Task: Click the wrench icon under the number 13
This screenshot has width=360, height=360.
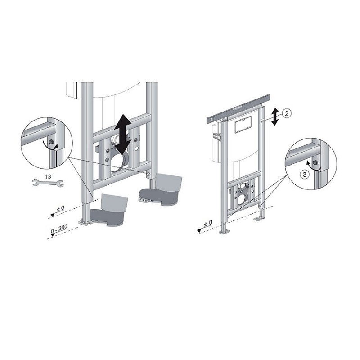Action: coord(48,183)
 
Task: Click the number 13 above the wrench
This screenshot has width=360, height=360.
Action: coord(48,176)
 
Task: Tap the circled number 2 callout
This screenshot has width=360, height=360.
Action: coord(287,113)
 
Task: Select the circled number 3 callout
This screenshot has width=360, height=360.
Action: coord(305,175)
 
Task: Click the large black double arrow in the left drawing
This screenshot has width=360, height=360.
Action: coord(123,134)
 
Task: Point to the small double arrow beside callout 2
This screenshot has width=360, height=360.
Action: coord(274,117)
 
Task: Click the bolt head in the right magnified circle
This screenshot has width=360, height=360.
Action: coord(315,162)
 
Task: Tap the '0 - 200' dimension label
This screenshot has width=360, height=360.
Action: coord(59,229)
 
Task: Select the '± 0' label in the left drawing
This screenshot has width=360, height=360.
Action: coord(61,208)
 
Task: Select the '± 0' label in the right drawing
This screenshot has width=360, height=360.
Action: coord(208,222)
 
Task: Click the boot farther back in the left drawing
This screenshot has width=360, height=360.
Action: coord(161,189)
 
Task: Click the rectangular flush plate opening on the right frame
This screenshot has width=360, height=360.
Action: coord(243,125)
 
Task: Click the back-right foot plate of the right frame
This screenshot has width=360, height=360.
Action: coord(259,220)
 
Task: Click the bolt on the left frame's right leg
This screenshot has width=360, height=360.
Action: coord(148,174)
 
